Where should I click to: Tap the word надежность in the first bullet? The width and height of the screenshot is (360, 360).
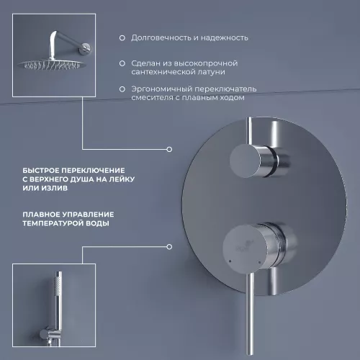tap(224, 38)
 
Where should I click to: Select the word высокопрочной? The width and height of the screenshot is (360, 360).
tap(206, 63)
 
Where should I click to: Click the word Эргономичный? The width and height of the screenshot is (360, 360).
tap(161, 89)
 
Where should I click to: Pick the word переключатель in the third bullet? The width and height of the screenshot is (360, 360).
tap(225, 89)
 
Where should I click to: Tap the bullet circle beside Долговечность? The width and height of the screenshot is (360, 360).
tap(122, 38)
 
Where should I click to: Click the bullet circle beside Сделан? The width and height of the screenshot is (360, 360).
tap(122, 63)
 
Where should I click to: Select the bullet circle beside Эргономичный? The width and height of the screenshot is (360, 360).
tap(122, 89)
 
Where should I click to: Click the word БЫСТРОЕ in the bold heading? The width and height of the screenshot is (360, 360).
tap(41, 171)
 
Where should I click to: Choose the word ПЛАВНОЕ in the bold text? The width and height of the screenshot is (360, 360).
tap(41, 215)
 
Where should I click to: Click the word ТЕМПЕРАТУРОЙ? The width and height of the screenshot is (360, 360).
tap(53, 223)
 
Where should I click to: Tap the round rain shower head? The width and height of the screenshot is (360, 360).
tap(51, 64)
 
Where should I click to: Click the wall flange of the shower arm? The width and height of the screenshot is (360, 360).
tap(86, 49)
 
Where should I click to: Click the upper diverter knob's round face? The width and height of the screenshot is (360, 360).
tap(245, 161)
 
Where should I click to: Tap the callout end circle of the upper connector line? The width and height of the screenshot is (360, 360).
tap(169, 149)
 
